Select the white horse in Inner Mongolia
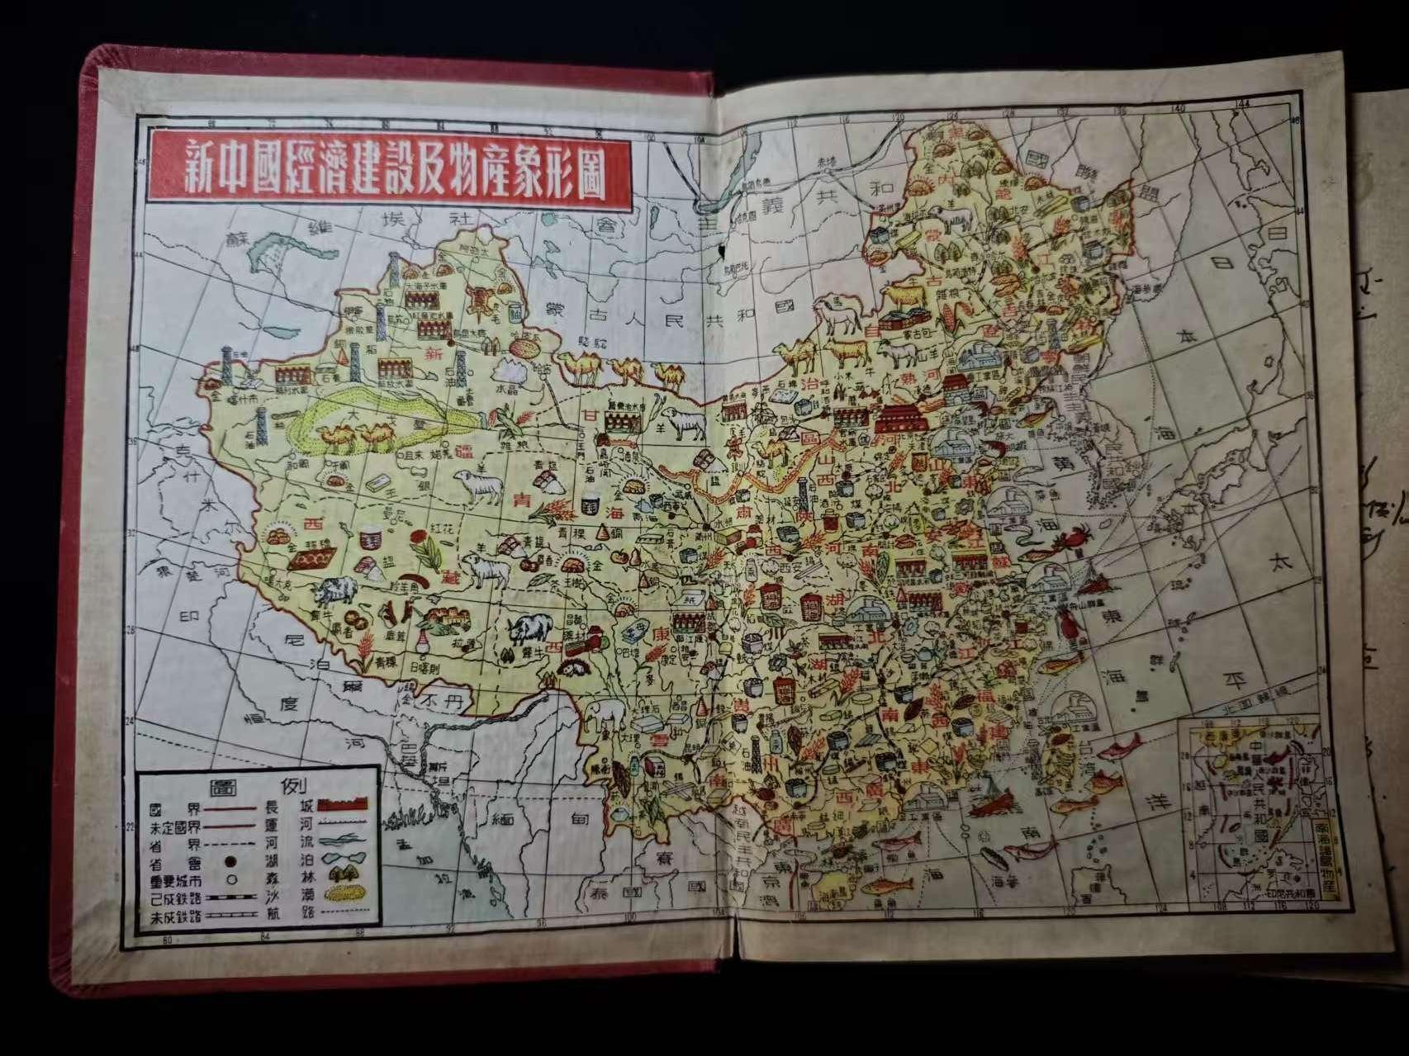[837, 316]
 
